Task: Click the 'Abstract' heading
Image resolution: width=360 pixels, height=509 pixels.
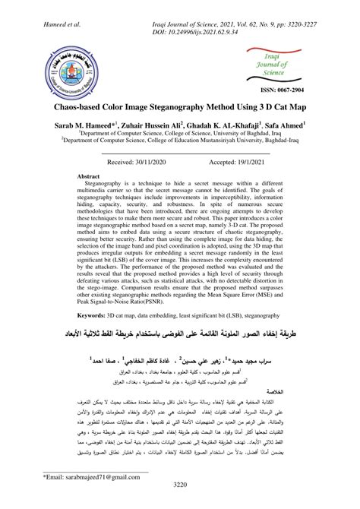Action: [89, 175]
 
